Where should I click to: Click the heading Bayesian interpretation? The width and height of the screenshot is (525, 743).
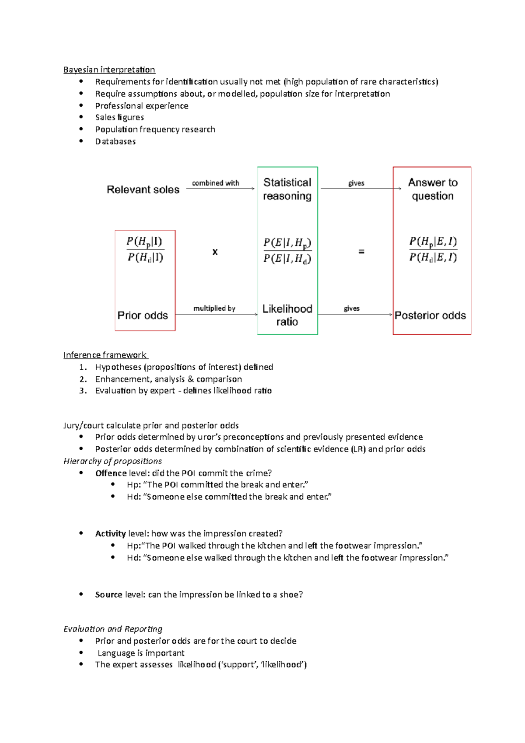(109, 70)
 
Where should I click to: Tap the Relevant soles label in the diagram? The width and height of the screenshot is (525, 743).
(143, 189)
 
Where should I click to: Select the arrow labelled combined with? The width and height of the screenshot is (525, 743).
(220, 188)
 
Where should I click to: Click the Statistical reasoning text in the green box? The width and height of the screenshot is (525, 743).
(287, 189)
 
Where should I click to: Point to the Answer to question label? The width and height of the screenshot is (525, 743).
(433, 189)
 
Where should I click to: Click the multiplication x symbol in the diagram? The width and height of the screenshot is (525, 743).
(215, 252)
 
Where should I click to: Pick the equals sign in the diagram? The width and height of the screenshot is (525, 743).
(361, 252)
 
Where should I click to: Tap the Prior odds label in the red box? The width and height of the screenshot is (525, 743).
(143, 315)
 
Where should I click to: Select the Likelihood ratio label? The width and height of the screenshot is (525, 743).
(287, 315)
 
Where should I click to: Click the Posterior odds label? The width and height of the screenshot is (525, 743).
(430, 315)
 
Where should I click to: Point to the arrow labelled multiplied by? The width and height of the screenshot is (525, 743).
(216, 314)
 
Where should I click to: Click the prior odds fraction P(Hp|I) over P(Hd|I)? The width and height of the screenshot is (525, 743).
(145, 249)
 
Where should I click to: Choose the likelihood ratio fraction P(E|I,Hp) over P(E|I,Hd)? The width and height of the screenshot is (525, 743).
(287, 251)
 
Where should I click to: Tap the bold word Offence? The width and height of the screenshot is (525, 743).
(111, 473)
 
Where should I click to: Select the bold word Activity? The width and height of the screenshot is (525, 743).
(110, 533)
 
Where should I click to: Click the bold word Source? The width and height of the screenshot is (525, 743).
(108, 595)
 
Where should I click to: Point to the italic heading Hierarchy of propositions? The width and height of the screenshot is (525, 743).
(112, 461)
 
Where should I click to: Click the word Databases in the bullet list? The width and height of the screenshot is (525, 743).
(115, 141)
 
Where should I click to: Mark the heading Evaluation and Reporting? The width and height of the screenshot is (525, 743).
(113, 629)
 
